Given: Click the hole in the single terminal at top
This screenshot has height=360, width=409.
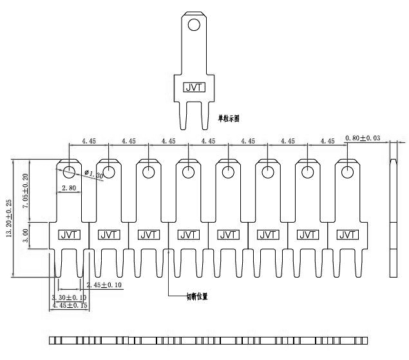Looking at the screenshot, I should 193,26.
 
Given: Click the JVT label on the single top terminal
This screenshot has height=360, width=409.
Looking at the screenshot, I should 193,87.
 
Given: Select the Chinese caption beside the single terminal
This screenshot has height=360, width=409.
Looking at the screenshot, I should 229,118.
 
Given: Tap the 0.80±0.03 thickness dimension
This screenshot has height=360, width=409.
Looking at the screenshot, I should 363,138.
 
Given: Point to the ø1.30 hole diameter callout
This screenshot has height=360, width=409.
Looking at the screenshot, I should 94,175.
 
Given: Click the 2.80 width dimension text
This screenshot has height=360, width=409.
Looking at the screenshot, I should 69,188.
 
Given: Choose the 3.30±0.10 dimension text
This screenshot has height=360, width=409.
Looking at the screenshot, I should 69,297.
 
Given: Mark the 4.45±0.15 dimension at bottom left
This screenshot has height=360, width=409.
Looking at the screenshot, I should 69,306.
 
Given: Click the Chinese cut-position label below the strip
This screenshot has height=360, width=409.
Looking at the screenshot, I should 196,297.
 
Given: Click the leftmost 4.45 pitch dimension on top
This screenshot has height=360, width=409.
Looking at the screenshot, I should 89,140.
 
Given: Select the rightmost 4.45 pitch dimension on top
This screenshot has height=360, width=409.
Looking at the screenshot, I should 327,140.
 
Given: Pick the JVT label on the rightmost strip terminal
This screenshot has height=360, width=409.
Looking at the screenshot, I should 348,235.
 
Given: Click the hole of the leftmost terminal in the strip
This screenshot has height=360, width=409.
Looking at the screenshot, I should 70,171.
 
